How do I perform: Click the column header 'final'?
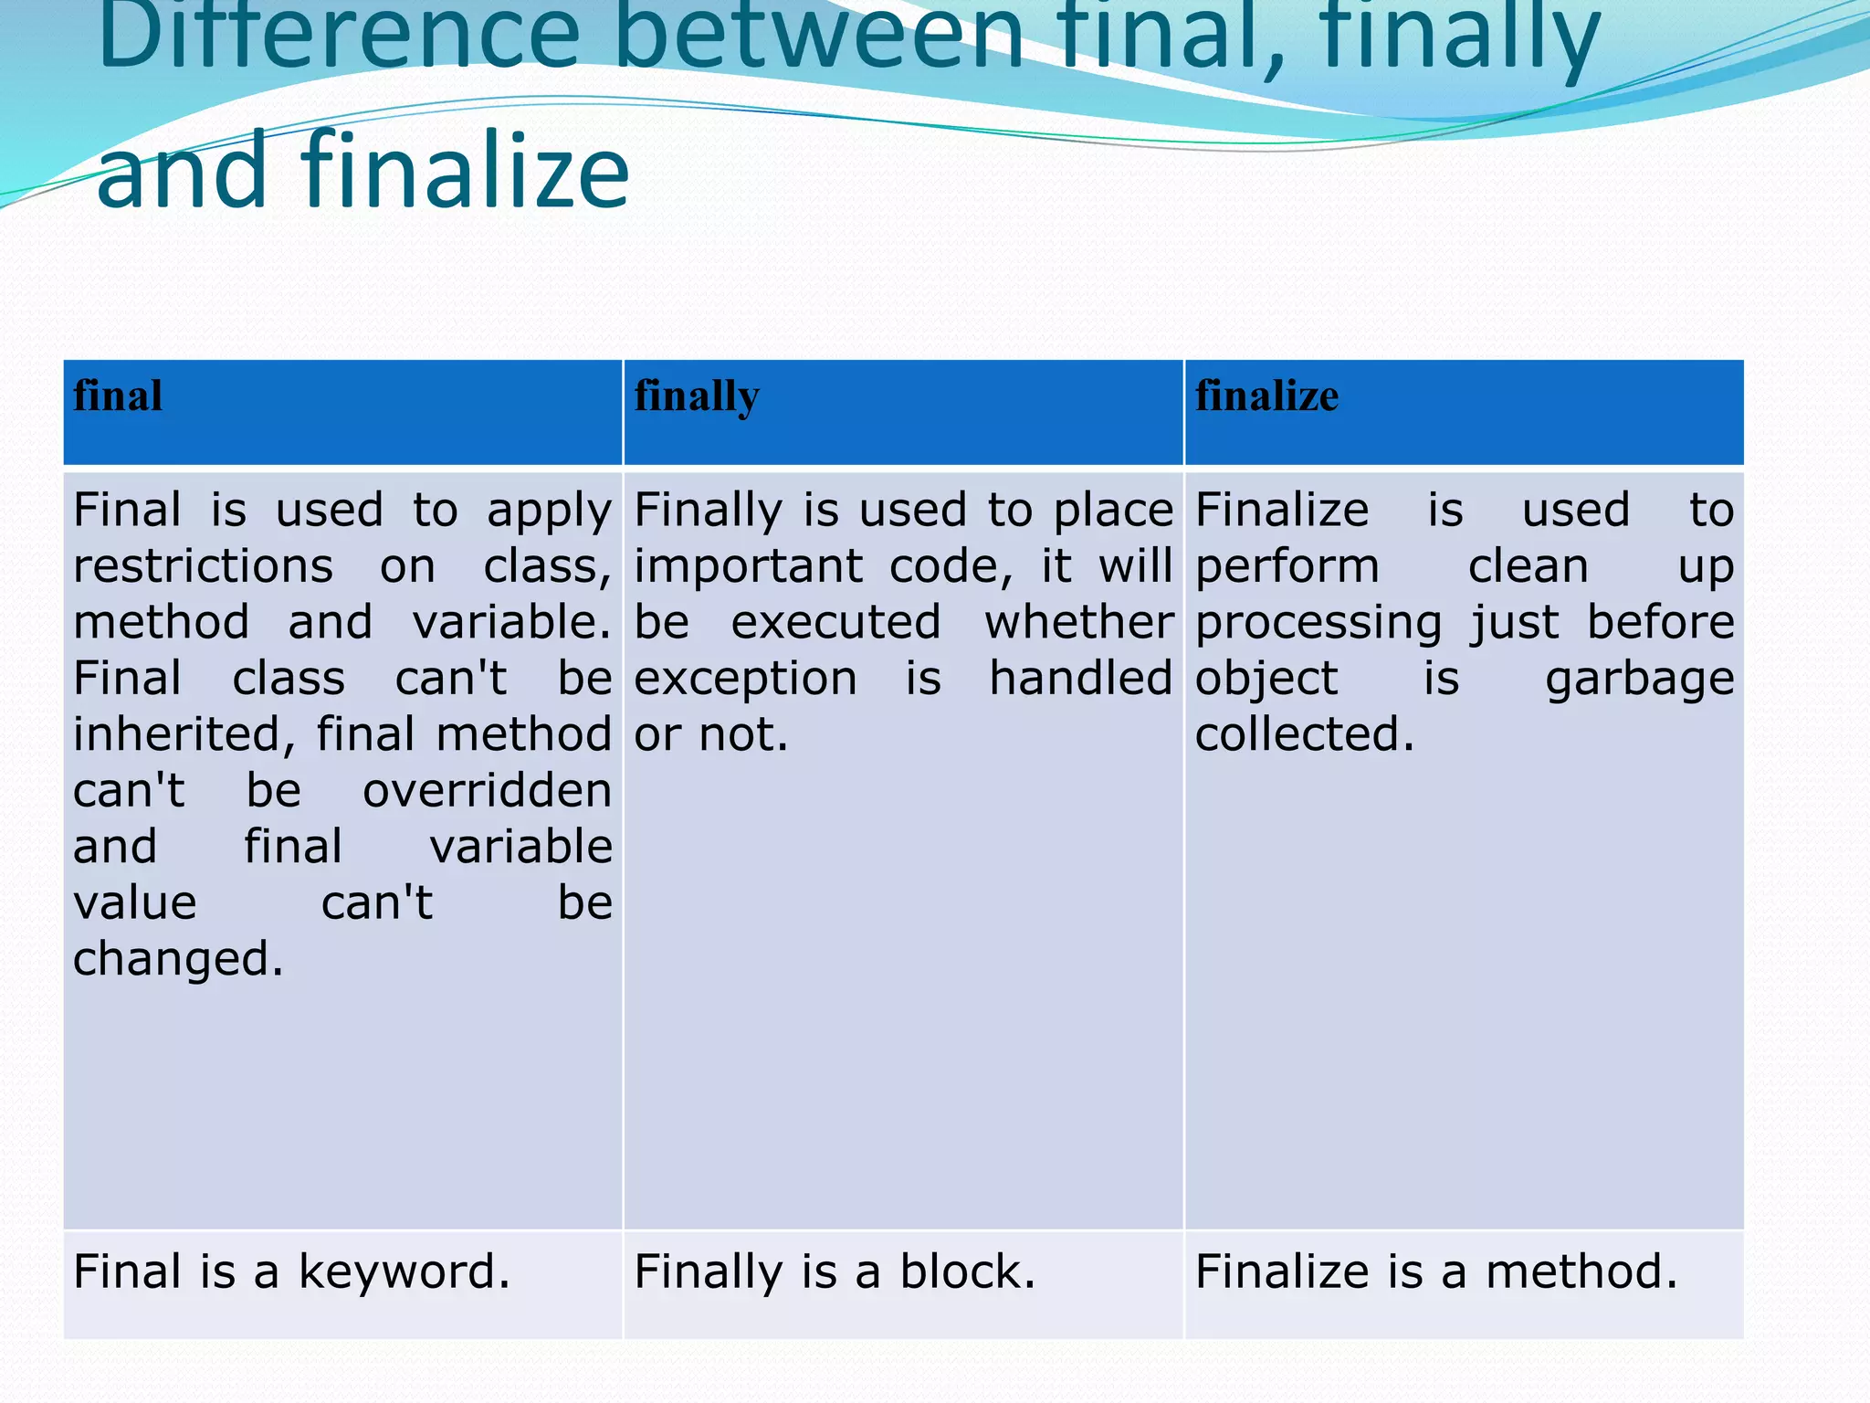click(x=118, y=396)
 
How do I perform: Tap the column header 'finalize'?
click(x=1266, y=396)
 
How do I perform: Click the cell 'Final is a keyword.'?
click(x=291, y=1271)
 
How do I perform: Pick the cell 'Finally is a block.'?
click(x=835, y=1271)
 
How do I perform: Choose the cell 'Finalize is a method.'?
click(x=1436, y=1271)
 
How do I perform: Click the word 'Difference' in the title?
click(x=338, y=37)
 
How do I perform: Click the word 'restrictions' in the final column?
click(x=203, y=566)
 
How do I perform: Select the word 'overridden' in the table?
click(x=487, y=791)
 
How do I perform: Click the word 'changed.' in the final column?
click(x=178, y=959)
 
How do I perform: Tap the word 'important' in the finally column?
click(x=748, y=566)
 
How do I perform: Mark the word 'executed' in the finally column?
click(x=835, y=623)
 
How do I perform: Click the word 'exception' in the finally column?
click(x=745, y=680)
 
